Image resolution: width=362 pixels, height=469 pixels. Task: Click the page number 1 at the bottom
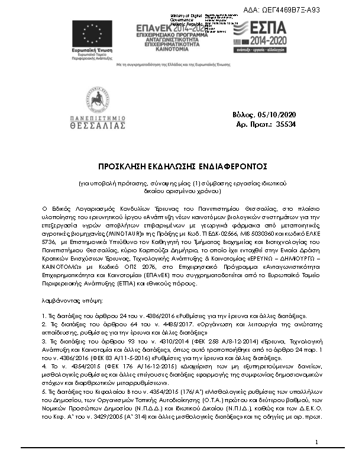click(x=317, y=458)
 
